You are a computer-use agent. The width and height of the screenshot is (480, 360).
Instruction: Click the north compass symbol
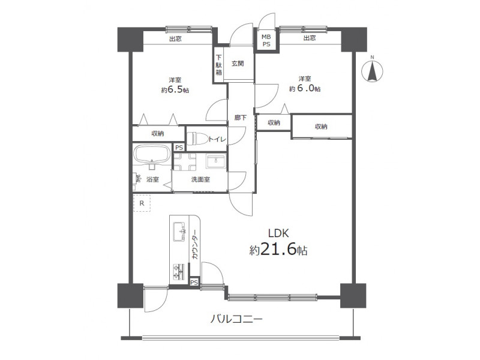coord(372,71)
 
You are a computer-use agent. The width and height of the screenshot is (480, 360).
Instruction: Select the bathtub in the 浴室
coord(152,154)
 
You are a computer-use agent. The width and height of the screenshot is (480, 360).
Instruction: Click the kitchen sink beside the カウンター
coord(179,232)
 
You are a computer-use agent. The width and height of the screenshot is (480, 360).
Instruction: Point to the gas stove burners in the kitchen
coord(179,272)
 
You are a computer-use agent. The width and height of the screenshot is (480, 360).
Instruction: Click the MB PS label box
coord(266,40)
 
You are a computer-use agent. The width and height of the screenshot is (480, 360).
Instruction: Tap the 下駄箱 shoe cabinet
coord(218,65)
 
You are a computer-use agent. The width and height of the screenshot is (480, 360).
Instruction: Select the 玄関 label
coord(238,64)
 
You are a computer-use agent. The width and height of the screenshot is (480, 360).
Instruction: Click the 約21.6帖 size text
coord(278,250)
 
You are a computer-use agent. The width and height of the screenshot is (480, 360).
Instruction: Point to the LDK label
coord(278,233)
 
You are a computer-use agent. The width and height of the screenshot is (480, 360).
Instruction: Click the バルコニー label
coord(236,320)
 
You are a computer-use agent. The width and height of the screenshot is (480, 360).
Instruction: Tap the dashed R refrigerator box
coord(142,203)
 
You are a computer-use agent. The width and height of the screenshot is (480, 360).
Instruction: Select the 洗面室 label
coord(200,179)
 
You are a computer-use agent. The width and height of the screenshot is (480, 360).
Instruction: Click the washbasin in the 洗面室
coord(216,161)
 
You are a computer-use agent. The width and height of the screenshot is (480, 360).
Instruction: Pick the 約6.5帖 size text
coord(175,90)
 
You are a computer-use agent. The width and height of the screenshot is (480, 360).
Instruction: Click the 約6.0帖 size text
coord(305,89)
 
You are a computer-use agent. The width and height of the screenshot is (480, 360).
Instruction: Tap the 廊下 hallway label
coord(241,117)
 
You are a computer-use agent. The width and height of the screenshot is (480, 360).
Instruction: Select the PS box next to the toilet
coord(179,148)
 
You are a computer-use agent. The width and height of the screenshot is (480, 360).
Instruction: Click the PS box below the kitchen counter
coord(194,282)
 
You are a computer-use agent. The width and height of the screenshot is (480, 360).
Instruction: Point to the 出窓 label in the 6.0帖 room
coord(310,38)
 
